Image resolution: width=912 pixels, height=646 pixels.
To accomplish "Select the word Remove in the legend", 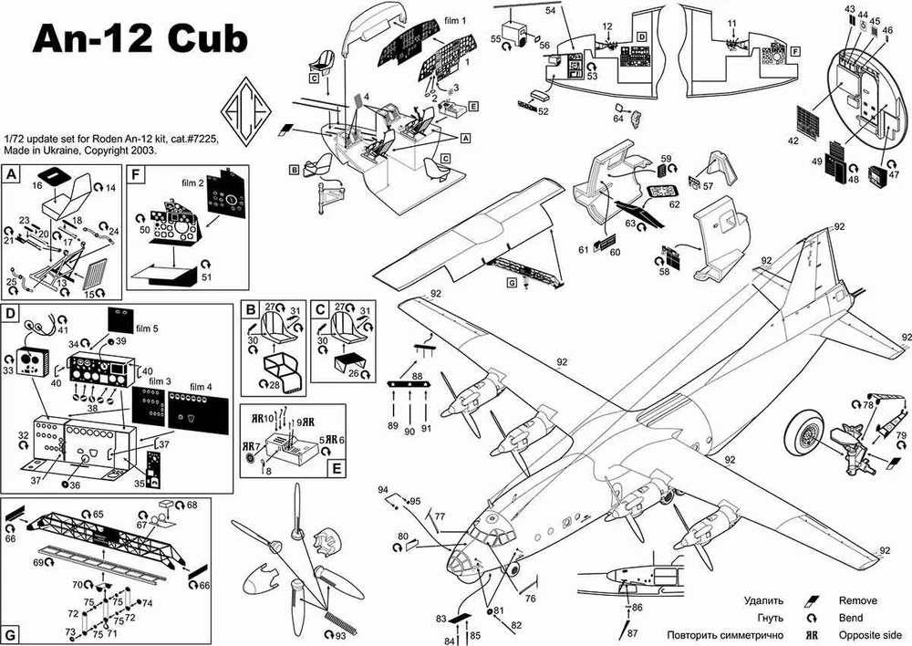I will [858, 600].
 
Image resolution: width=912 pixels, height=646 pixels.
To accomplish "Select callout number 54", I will [550, 9].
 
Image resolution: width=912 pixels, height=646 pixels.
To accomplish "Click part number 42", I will [793, 141].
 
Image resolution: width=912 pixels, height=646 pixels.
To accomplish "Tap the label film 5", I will [148, 326].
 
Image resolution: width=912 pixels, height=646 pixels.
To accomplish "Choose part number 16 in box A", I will [38, 184].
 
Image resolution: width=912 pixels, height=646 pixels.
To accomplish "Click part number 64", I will [618, 119].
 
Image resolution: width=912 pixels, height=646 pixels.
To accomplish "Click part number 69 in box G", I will [38, 563].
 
